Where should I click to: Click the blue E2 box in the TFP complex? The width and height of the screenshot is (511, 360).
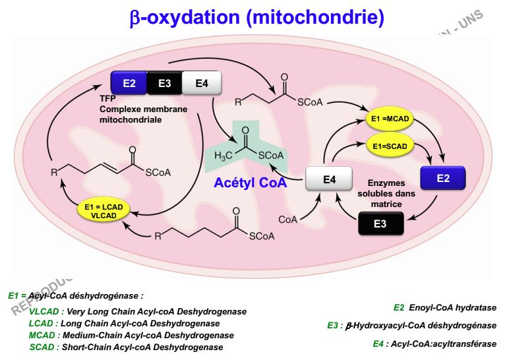129,82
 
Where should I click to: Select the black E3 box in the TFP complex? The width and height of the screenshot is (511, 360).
165,82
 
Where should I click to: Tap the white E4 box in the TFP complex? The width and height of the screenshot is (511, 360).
202,82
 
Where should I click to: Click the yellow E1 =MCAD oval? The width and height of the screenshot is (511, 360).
389,119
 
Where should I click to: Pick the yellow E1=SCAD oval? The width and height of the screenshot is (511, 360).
389,145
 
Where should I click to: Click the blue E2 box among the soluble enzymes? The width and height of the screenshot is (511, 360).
443,178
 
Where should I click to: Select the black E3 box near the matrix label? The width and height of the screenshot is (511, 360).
380,224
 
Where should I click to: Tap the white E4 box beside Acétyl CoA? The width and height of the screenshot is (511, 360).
329,179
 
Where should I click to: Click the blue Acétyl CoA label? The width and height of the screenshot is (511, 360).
250,183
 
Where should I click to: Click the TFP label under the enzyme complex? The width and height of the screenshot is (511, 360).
107,99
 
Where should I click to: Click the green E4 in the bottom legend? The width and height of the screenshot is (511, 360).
378,344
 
